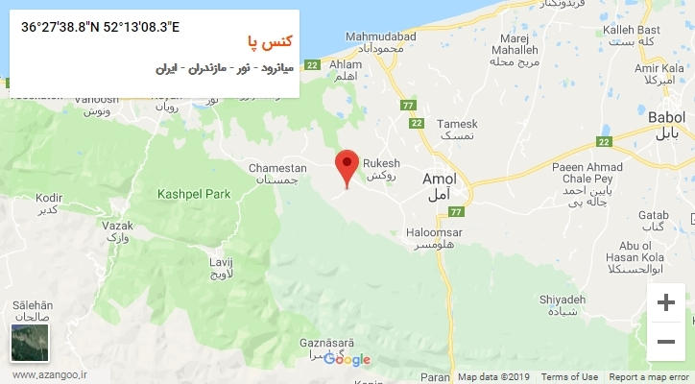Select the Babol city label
tap(666, 115)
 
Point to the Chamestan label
tap(277, 168)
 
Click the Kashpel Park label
tap(195, 194)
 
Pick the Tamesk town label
tap(457, 125)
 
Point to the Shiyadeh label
tap(563, 300)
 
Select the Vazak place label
tap(116, 225)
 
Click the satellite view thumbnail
tap(29, 344)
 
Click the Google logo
tap(347, 360)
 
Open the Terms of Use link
tap(569, 377)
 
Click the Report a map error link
tap(649, 377)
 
